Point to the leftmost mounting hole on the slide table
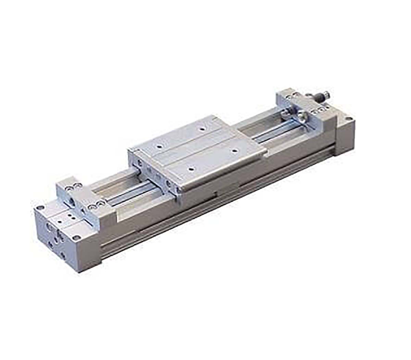tap(159, 146)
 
